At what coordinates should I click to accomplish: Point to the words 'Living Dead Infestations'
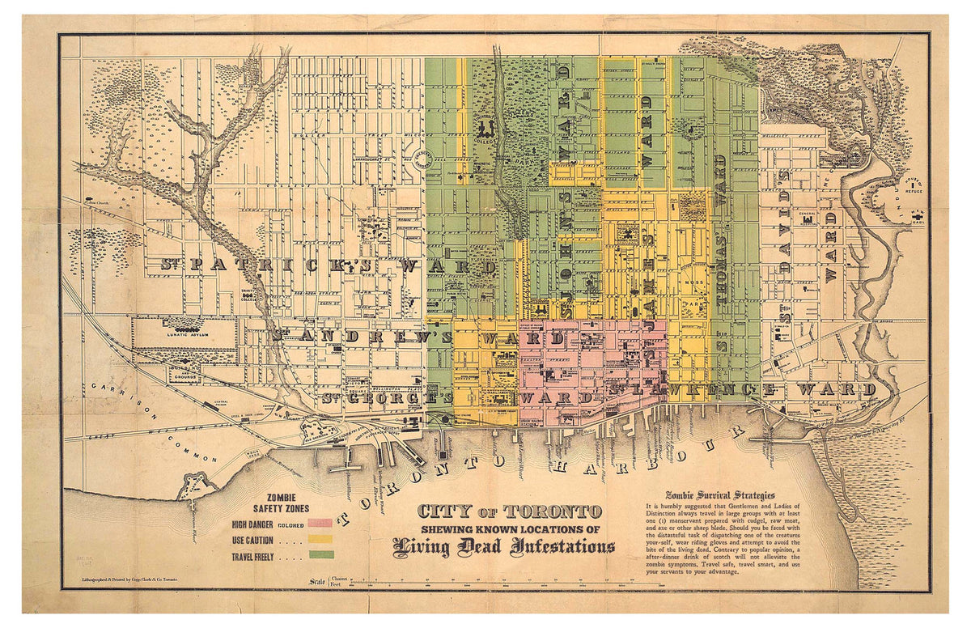(x=503, y=549)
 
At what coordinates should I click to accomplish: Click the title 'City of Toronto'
(x=510, y=511)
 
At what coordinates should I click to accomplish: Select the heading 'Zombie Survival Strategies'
(x=719, y=495)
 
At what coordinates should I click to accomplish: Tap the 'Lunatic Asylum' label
(x=187, y=333)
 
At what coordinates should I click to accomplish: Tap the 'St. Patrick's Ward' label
(x=328, y=265)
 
